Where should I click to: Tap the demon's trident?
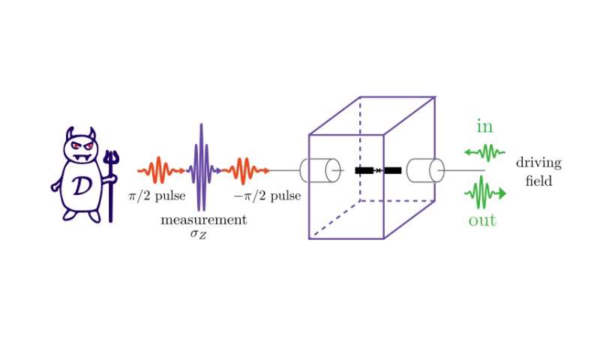111,180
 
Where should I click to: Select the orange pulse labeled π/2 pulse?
160,171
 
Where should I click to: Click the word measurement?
203,220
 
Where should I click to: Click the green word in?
485,127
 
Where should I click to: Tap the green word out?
482,220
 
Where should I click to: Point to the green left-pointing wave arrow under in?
484,153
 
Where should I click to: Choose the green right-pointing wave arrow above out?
485,193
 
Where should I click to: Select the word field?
538,181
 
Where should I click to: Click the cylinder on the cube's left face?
315,171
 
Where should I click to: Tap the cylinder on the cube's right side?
424,170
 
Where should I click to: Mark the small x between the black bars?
378,171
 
